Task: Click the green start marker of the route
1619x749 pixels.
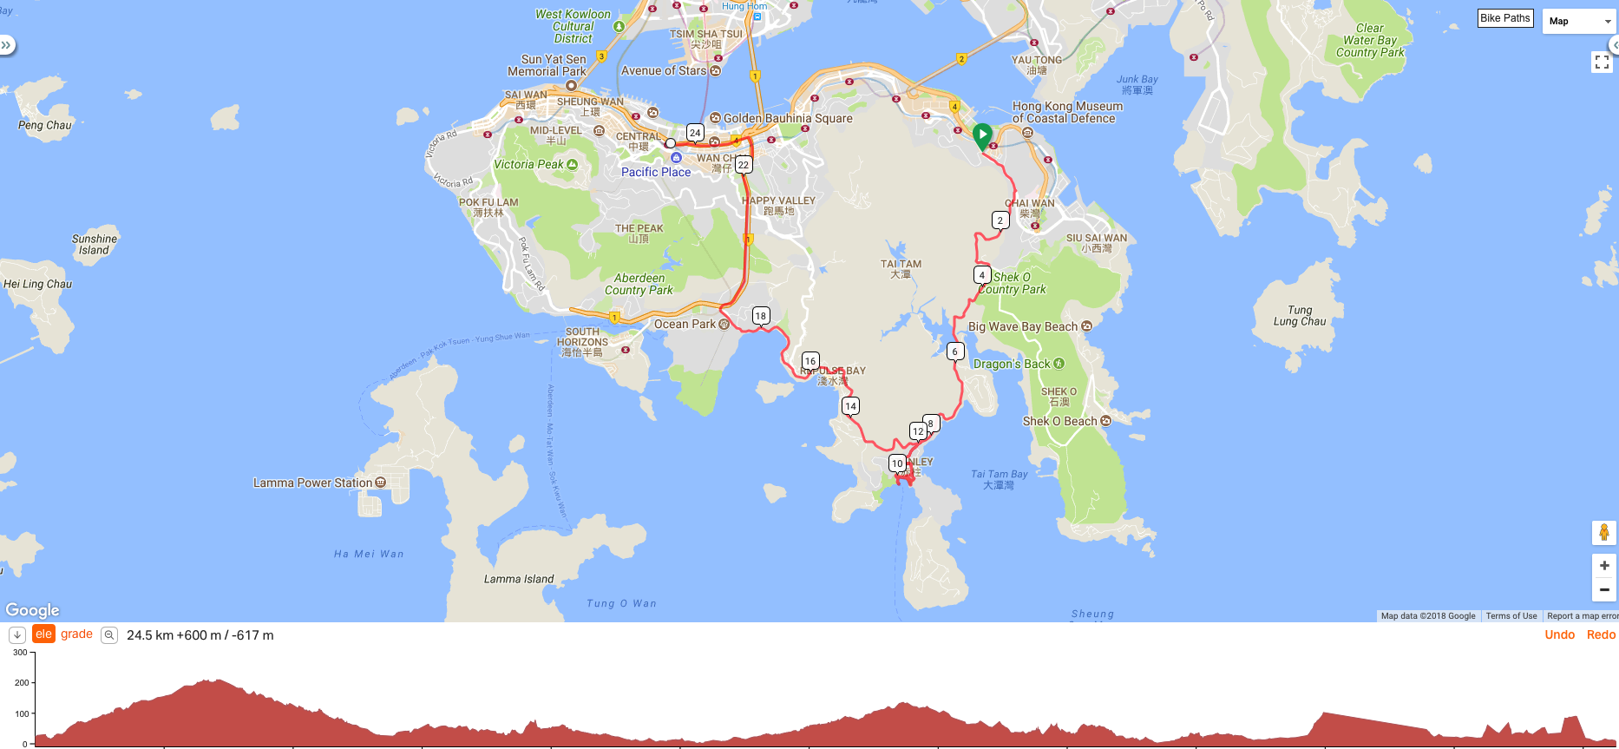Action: (982, 135)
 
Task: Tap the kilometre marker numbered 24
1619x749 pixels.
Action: (695, 133)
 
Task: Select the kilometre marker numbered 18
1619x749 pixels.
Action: (761, 316)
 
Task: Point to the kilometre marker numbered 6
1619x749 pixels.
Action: (955, 352)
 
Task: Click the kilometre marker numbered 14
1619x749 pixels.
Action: (850, 406)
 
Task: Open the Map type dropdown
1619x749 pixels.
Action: (1577, 21)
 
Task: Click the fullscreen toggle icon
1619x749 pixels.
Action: (1602, 62)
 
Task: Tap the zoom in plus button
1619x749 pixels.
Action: (1604, 566)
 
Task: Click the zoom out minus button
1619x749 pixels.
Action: (1604, 590)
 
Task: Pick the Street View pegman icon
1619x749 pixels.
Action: (1604, 532)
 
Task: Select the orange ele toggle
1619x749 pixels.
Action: (43, 634)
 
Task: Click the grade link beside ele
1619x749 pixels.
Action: (76, 634)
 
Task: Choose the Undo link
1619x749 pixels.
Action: (1559, 634)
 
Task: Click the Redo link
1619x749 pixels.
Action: (1601, 634)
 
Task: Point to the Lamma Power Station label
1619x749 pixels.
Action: (312, 483)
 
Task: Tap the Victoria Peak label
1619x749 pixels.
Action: (528, 164)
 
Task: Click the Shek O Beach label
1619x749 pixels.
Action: (1059, 421)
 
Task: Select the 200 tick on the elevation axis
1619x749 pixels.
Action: (22, 683)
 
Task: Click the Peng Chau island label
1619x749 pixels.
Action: (45, 125)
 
